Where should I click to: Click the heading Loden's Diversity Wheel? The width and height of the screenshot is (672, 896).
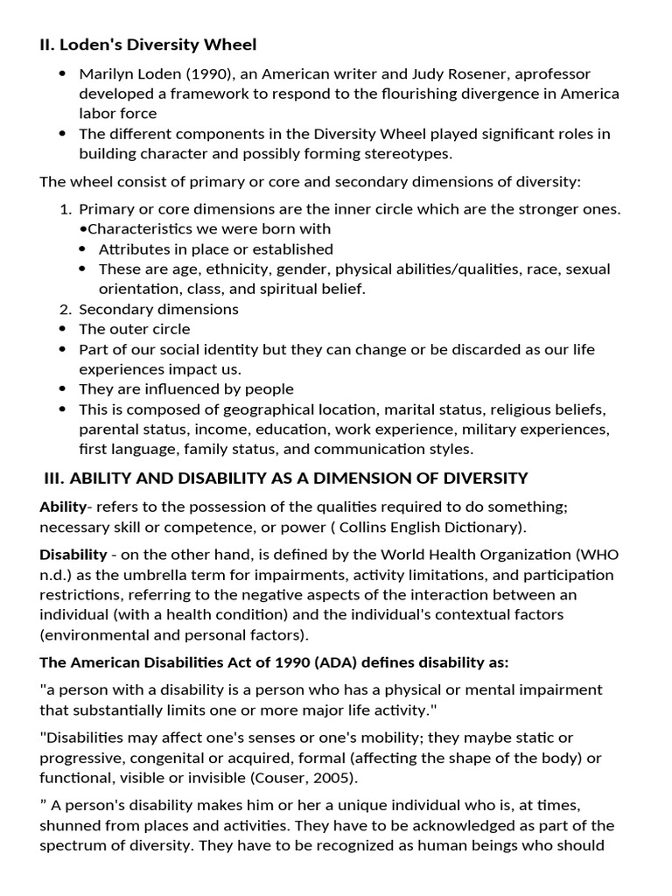157,44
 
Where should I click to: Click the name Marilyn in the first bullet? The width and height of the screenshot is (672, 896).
106,73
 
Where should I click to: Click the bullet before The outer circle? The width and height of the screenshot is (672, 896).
62,329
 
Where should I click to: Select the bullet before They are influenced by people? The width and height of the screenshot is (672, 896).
62,389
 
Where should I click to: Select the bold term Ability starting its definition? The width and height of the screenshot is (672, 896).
62,507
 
